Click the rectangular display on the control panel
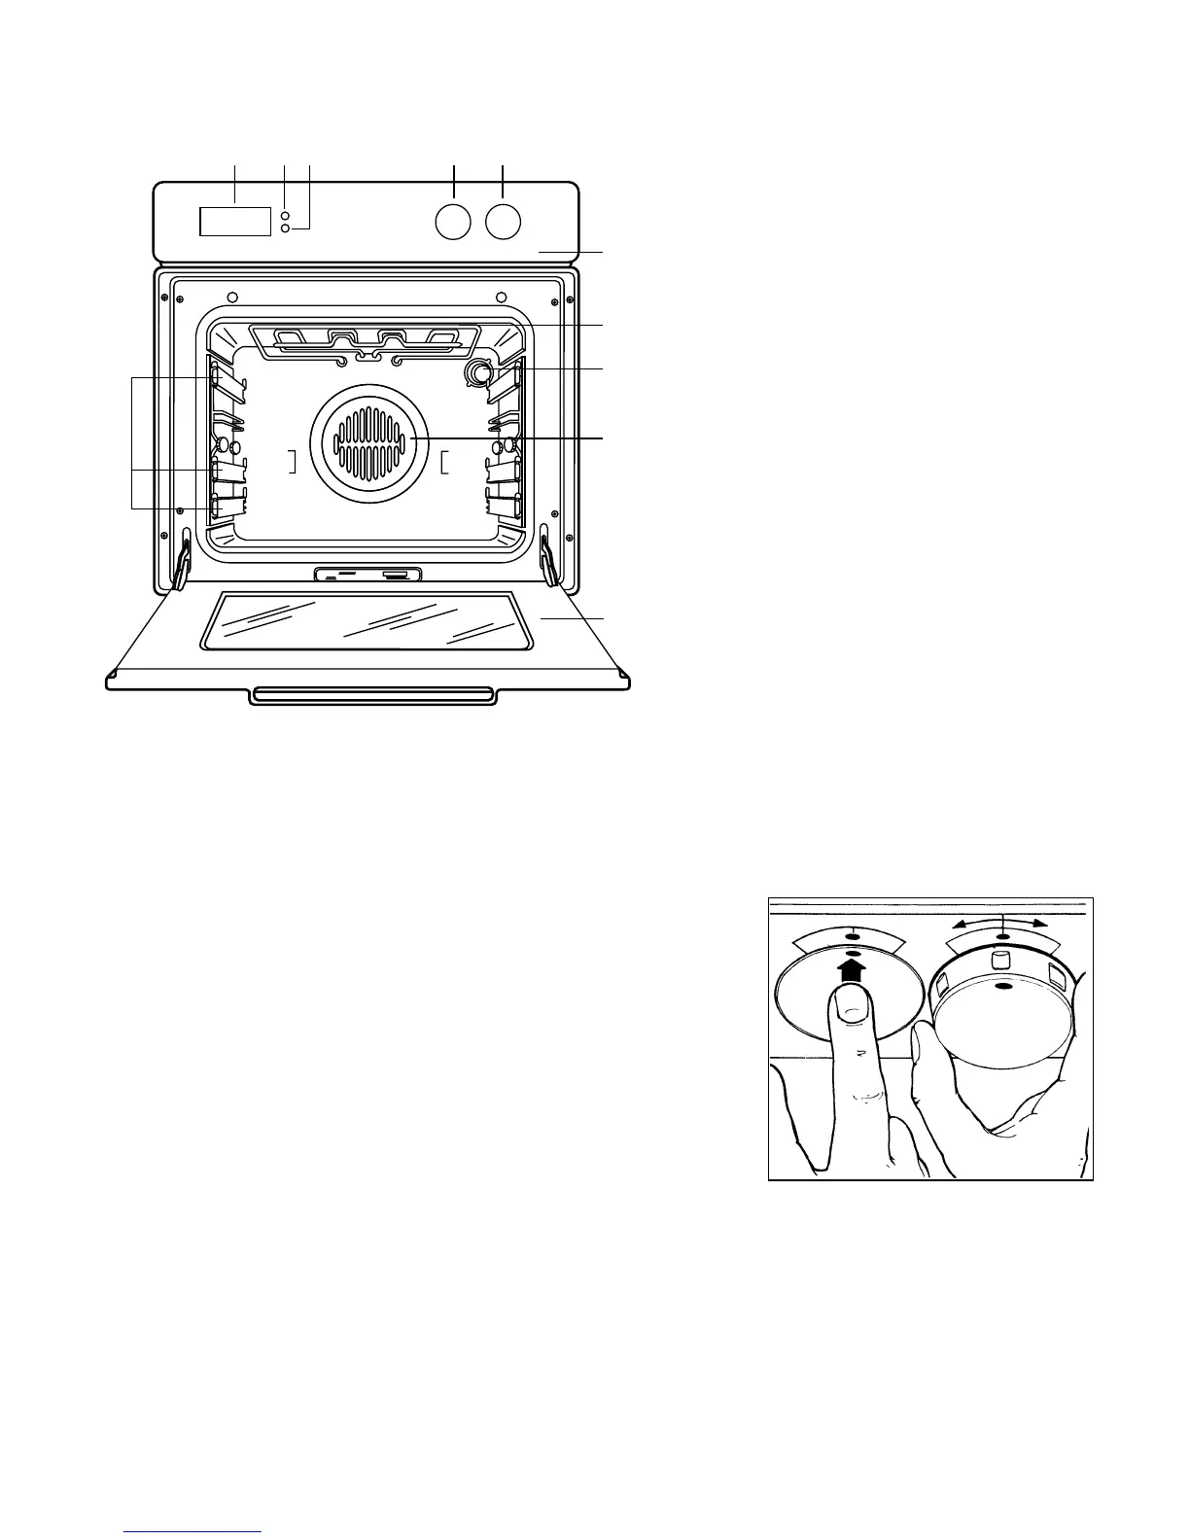[234, 221]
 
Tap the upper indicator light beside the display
[284, 216]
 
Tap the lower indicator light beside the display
[284, 228]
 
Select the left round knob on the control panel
[453, 222]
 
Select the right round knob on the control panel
[503, 222]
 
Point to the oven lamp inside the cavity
[478, 372]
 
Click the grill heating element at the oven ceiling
[367, 341]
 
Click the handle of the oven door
[374, 695]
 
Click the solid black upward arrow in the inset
[852, 969]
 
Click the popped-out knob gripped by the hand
[1003, 1011]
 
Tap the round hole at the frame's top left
[231, 297]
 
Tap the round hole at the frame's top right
[502, 297]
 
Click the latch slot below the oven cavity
[367, 575]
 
